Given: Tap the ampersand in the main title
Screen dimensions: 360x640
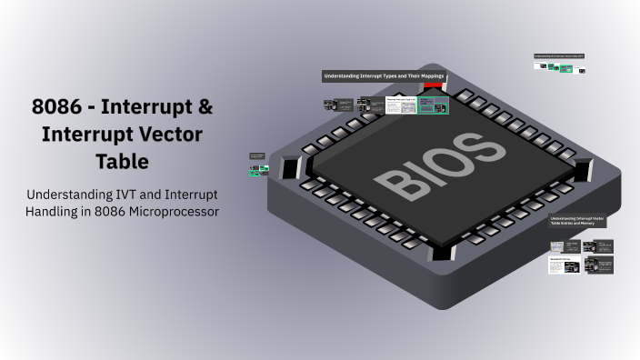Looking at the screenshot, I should coord(205,107).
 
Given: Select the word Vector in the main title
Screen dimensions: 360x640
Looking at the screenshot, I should coord(171,135).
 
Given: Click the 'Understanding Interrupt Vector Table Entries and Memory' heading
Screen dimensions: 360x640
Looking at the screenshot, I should coord(577,221).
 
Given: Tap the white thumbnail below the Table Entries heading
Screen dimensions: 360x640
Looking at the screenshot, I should coord(556,265).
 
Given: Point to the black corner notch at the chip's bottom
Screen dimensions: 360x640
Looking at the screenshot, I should coord(442,252).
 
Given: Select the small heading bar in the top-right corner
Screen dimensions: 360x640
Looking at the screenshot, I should coord(558,56).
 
